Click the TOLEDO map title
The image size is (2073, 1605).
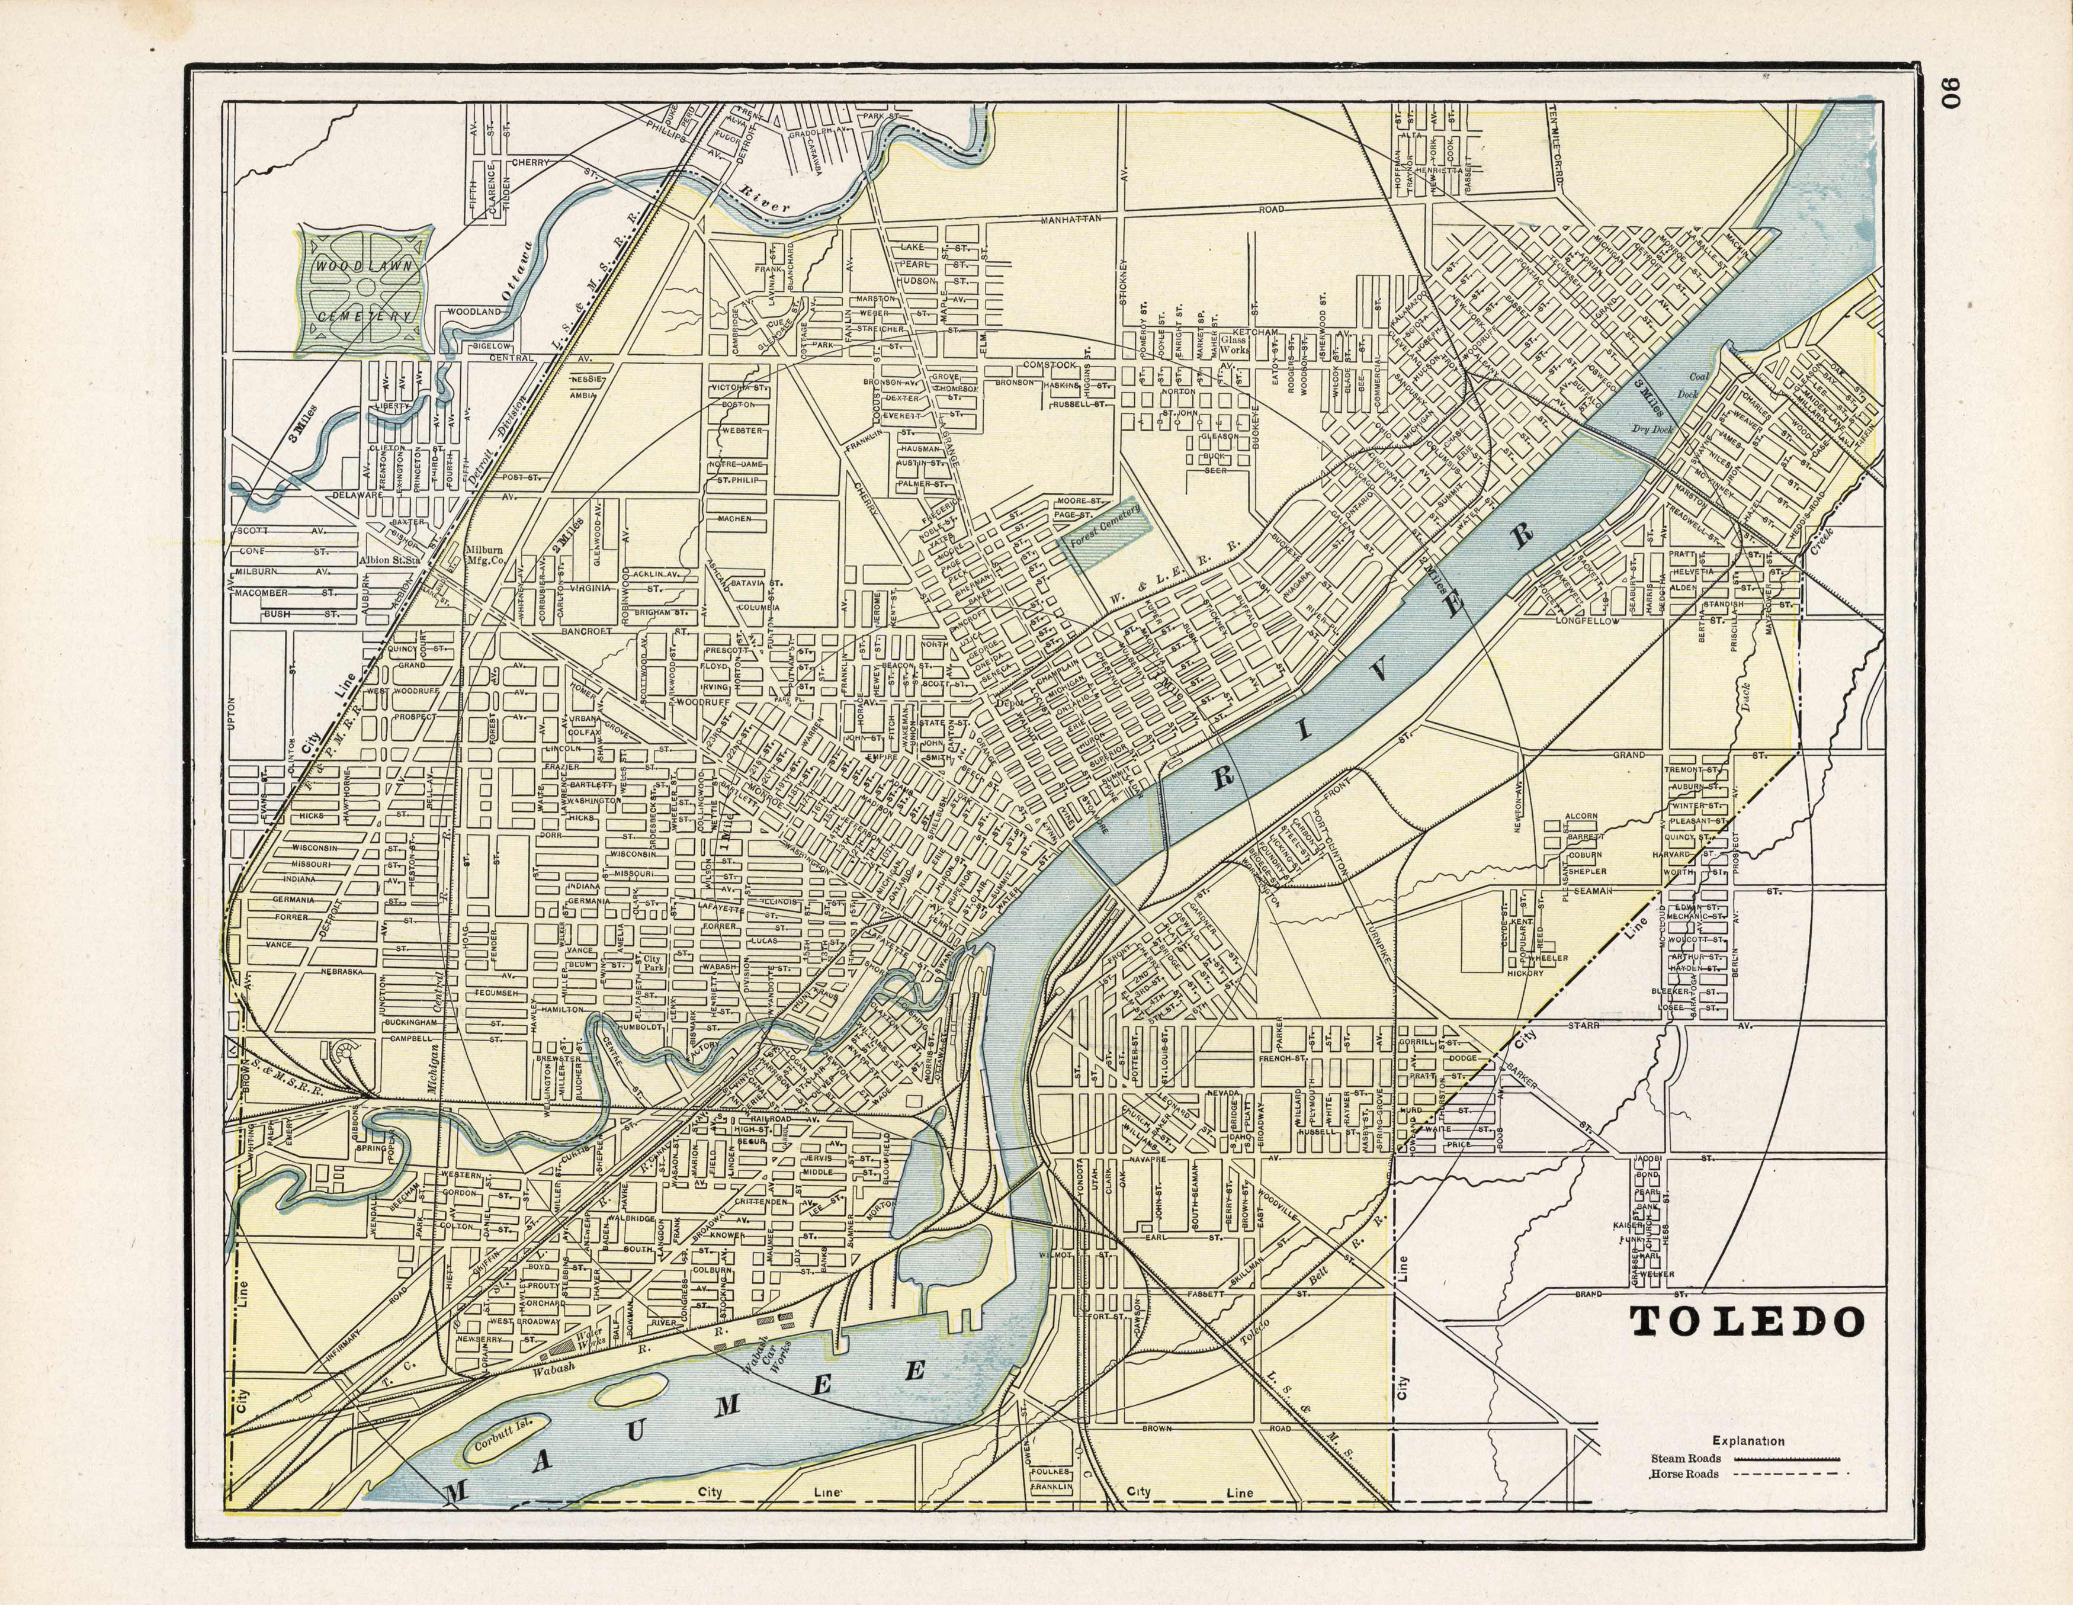click(1745, 1322)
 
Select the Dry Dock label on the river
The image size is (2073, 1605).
click(1652, 429)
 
